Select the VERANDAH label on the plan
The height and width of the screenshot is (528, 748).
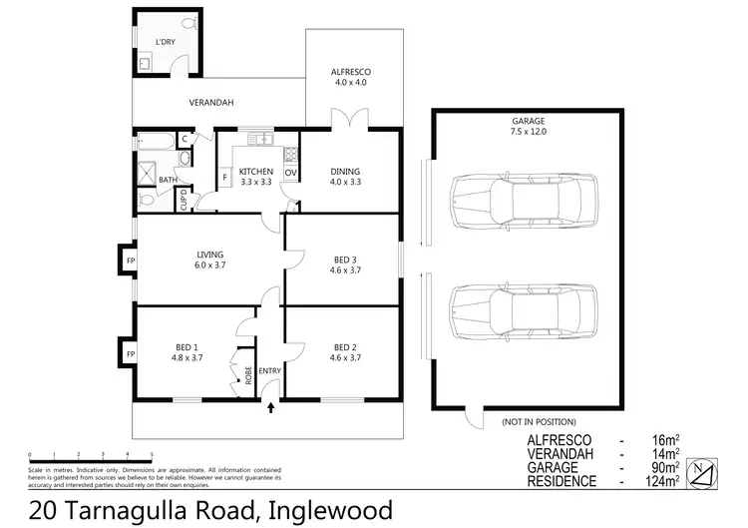[x=211, y=103]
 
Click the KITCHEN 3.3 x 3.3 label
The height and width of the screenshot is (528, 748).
[x=255, y=177]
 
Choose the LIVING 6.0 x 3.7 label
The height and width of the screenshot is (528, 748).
[x=209, y=260]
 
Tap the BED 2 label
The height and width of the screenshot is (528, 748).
[x=347, y=351]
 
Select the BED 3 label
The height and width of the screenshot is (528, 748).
[x=347, y=264]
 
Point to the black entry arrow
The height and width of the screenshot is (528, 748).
[x=271, y=406]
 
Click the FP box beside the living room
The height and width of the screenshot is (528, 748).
[x=130, y=262]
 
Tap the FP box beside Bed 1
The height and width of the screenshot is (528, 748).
[x=130, y=353]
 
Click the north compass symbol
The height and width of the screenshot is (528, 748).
[x=704, y=471]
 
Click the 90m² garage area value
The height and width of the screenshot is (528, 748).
[x=664, y=467]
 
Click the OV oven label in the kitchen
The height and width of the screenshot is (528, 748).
[x=291, y=173]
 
